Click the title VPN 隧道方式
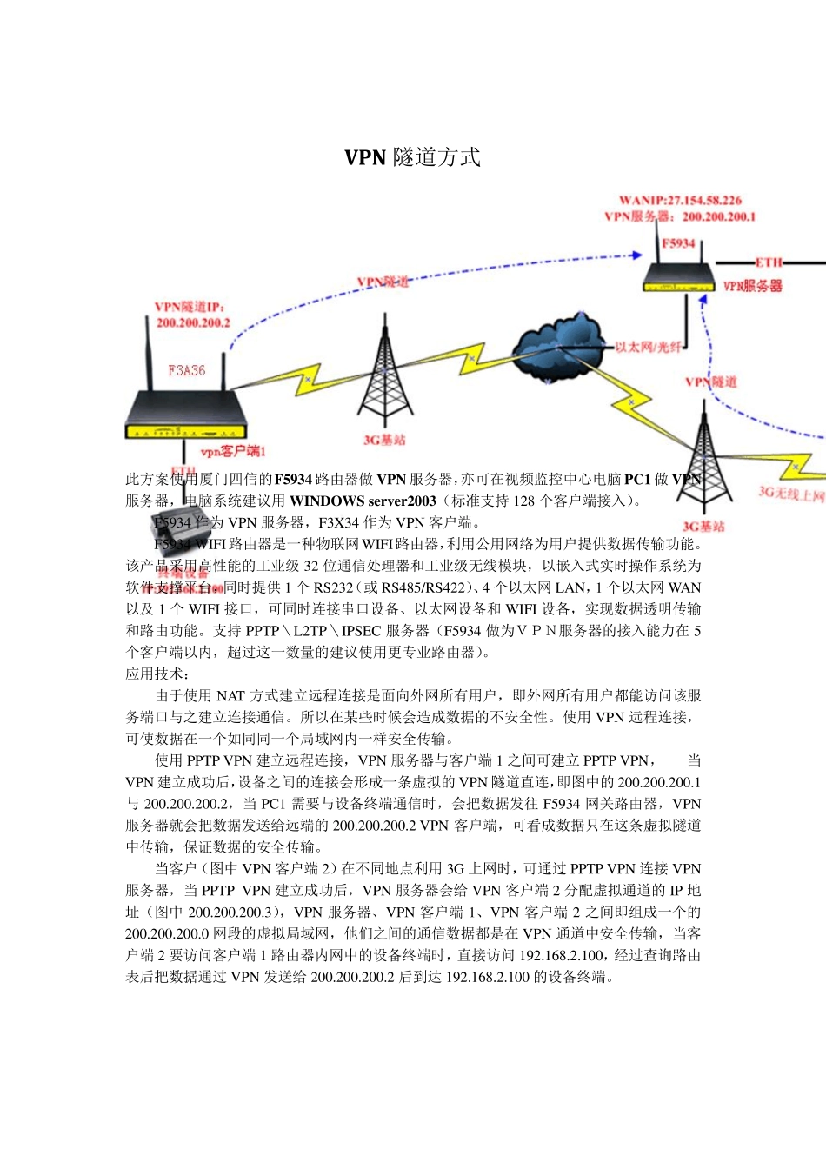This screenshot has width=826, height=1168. [x=412, y=157]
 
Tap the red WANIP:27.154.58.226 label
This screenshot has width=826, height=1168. [x=680, y=201]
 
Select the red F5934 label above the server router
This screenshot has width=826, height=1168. [x=678, y=243]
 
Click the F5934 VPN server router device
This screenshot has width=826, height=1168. [x=678, y=277]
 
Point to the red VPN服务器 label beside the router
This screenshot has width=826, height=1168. [x=753, y=286]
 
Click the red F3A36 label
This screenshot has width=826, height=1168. [x=187, y=370]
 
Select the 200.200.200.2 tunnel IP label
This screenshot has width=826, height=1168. [x=193, y=323]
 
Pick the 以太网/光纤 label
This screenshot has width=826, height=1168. [x=648, y=347]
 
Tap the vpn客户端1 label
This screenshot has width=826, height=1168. [x=233, y=451]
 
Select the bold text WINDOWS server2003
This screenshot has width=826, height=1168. [x=363, y=501]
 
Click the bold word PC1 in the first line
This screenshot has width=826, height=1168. [x=637, y=479]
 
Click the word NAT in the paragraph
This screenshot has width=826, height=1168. [x=230, y=696]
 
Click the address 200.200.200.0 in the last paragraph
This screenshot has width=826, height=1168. [x=166, y=934]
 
